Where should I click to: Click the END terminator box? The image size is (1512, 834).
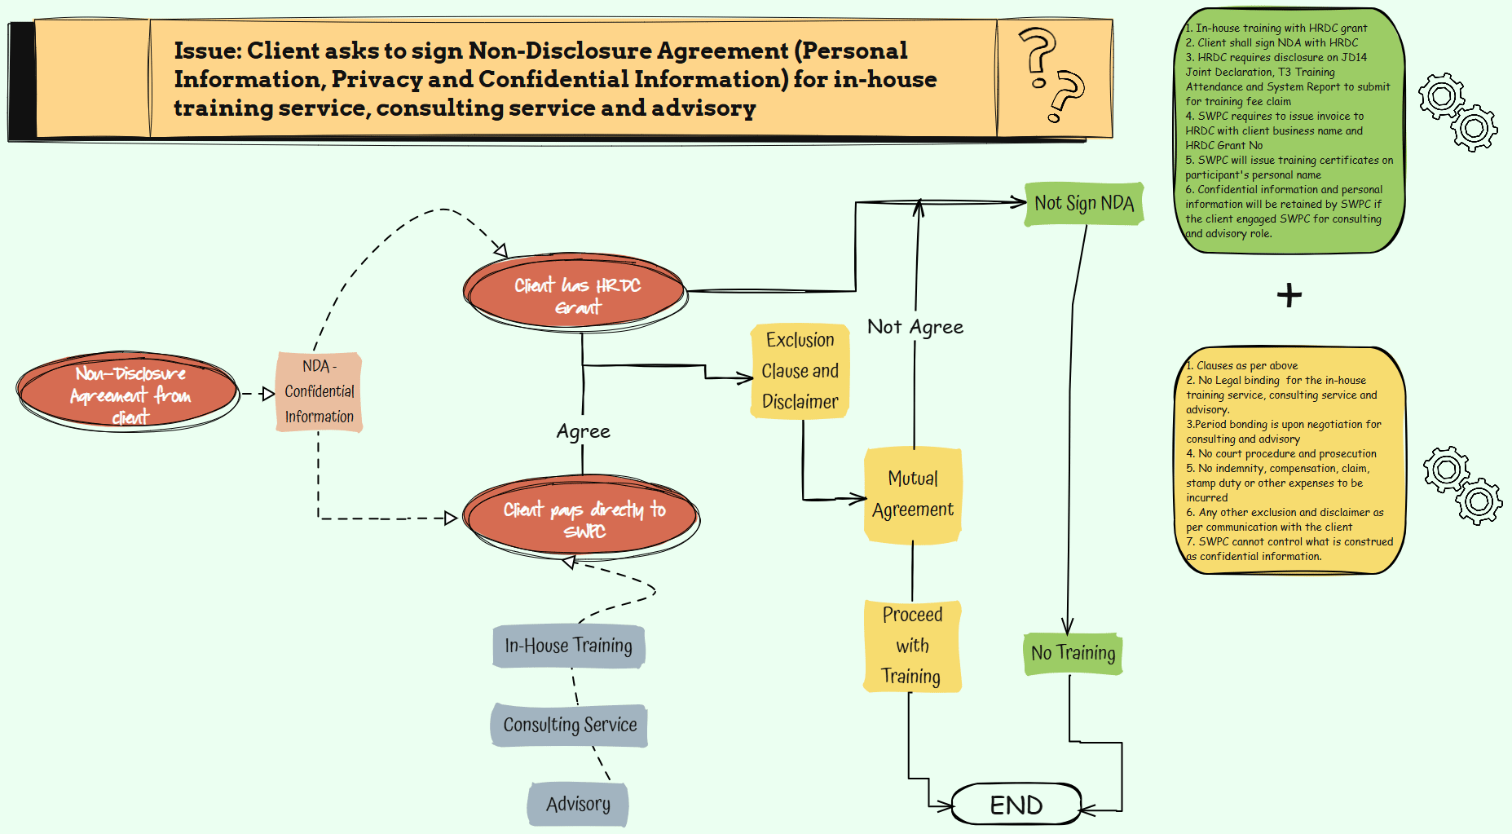click(1016, 805)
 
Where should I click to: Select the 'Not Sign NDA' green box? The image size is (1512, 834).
click(1084, 203)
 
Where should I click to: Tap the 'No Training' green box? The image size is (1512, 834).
click(1073, 653)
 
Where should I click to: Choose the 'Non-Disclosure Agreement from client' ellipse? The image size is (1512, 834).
click(129, 393)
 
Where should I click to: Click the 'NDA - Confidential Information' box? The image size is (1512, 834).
click(319, 391)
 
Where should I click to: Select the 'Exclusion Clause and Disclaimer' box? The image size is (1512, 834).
click(800, 371)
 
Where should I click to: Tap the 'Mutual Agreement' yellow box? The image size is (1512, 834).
click(912, 494)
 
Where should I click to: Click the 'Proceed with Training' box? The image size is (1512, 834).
click(911, 646)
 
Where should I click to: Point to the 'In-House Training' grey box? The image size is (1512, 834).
click(568, 646)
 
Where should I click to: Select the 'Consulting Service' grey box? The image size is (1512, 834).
click(569, 725)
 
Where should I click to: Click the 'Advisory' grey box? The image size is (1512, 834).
click(578, 804)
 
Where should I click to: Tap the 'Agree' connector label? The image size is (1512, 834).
click(583, 431)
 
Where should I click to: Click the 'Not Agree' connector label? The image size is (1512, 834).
click(915, 327)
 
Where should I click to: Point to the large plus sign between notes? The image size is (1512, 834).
click(1289, 295)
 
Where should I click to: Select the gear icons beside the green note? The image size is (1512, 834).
click(1457, 113)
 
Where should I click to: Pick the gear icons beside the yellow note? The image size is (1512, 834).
click(1462, 484)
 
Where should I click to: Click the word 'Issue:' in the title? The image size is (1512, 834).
click(207, 51)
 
